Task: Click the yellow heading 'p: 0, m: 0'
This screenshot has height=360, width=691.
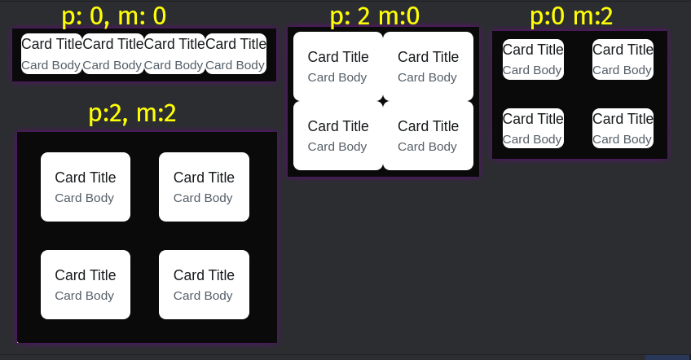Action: [113, 15]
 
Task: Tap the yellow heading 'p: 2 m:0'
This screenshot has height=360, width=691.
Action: [374, 15]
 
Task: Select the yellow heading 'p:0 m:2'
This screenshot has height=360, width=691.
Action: [570, 15]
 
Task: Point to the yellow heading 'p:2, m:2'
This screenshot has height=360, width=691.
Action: [132, 113]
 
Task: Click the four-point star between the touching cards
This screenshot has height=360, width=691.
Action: [383, 101]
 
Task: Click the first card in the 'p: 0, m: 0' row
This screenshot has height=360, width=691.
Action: [51, 54]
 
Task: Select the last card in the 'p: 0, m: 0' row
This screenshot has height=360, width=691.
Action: [235, 54]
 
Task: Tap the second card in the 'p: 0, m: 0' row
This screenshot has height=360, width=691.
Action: [112, 54]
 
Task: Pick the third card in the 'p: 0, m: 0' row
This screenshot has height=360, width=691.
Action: [174, 54]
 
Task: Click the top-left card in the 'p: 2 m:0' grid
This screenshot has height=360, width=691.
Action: [338, 66]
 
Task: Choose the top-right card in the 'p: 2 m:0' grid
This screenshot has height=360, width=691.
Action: [428, 66]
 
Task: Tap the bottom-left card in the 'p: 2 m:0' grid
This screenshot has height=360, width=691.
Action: [338, 135]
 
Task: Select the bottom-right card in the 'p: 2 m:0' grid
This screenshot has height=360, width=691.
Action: [428, 135]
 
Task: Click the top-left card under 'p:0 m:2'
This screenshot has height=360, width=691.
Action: [533, 59]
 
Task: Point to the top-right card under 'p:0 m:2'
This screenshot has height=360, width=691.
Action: [623, 59]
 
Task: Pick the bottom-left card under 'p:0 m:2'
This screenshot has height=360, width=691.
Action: [533, 128]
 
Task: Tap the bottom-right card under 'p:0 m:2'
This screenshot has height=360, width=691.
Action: [623, 128]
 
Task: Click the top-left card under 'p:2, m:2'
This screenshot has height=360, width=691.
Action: [86, 187]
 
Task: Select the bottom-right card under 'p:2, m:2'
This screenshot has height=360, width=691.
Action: [204, 284]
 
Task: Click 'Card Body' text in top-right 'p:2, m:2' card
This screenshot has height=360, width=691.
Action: [203, 198]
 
